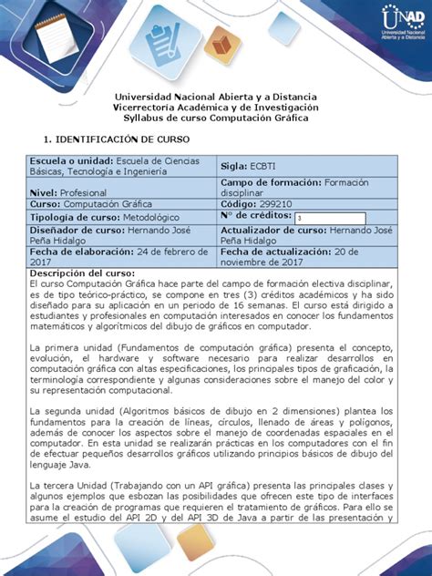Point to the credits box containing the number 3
[x=329, y=219]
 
